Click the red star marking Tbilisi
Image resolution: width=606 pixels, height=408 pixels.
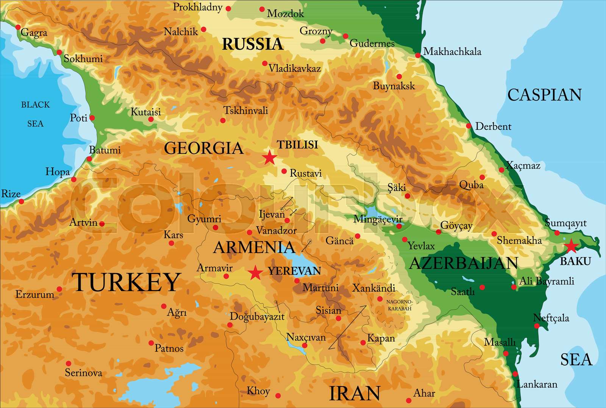[269, 157]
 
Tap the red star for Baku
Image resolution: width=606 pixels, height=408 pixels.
[571, 246]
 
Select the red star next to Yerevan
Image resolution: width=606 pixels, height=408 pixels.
[255, 272]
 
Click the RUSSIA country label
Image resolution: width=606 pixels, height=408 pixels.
[253, 44]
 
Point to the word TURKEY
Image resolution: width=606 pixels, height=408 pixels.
[126, 282]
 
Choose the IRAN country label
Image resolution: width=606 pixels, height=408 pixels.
[355, 393]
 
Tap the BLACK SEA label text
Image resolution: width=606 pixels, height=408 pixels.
[35, 114]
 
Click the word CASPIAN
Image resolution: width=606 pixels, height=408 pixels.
[544, 95]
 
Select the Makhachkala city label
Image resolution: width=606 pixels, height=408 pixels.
[452, 52]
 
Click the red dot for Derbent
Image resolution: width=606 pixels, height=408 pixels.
[469, 126]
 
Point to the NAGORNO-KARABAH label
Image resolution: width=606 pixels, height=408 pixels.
[400, 305]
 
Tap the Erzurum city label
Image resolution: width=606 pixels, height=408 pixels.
[35, 294]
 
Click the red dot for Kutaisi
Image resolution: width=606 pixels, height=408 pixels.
[151, 119]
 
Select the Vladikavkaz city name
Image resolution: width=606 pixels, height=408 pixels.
[295, 69]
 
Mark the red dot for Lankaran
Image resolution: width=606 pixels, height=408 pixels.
[515, 374]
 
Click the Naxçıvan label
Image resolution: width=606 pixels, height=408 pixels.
[306, 337]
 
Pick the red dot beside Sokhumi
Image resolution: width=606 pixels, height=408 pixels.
[59, 52]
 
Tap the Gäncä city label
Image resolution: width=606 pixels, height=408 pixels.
[339, 241]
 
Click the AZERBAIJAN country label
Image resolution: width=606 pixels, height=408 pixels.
[464, 263]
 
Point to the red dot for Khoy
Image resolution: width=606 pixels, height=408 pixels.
[278, 395]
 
